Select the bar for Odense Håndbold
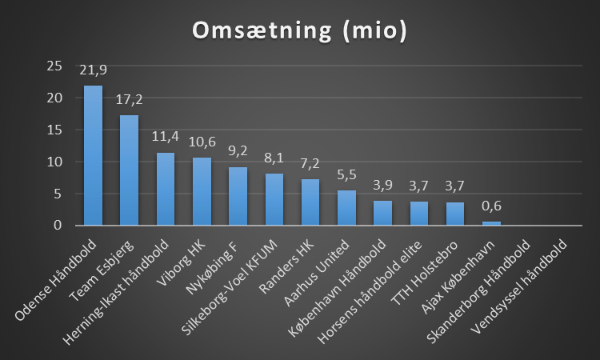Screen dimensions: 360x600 (x=93, y=155)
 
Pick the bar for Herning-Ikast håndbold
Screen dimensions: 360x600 (x=166, y=189)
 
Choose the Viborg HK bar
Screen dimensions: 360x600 (x=202, y=191)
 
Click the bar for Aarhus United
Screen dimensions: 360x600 (x=346, y=207)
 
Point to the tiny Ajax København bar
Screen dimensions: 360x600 (x=491, y=223)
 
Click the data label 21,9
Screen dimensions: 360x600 (x=93, y=70)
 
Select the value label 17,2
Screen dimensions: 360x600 (x=129, y=101)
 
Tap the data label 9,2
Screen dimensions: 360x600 (x=238, y=152)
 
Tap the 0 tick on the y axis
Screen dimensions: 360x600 (x=57, y=226)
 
